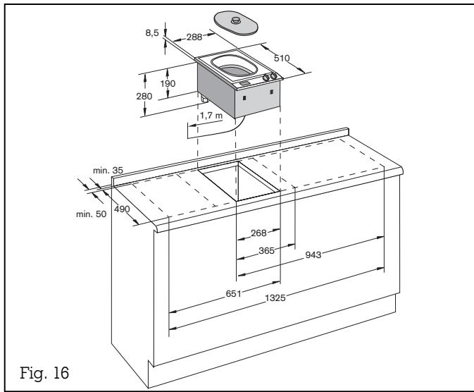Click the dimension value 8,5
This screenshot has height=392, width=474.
click(x=151, y=33)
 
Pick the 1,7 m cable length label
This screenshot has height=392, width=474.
click(x=211, y=115)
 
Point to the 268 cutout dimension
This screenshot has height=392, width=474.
click(x=258, y=233)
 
